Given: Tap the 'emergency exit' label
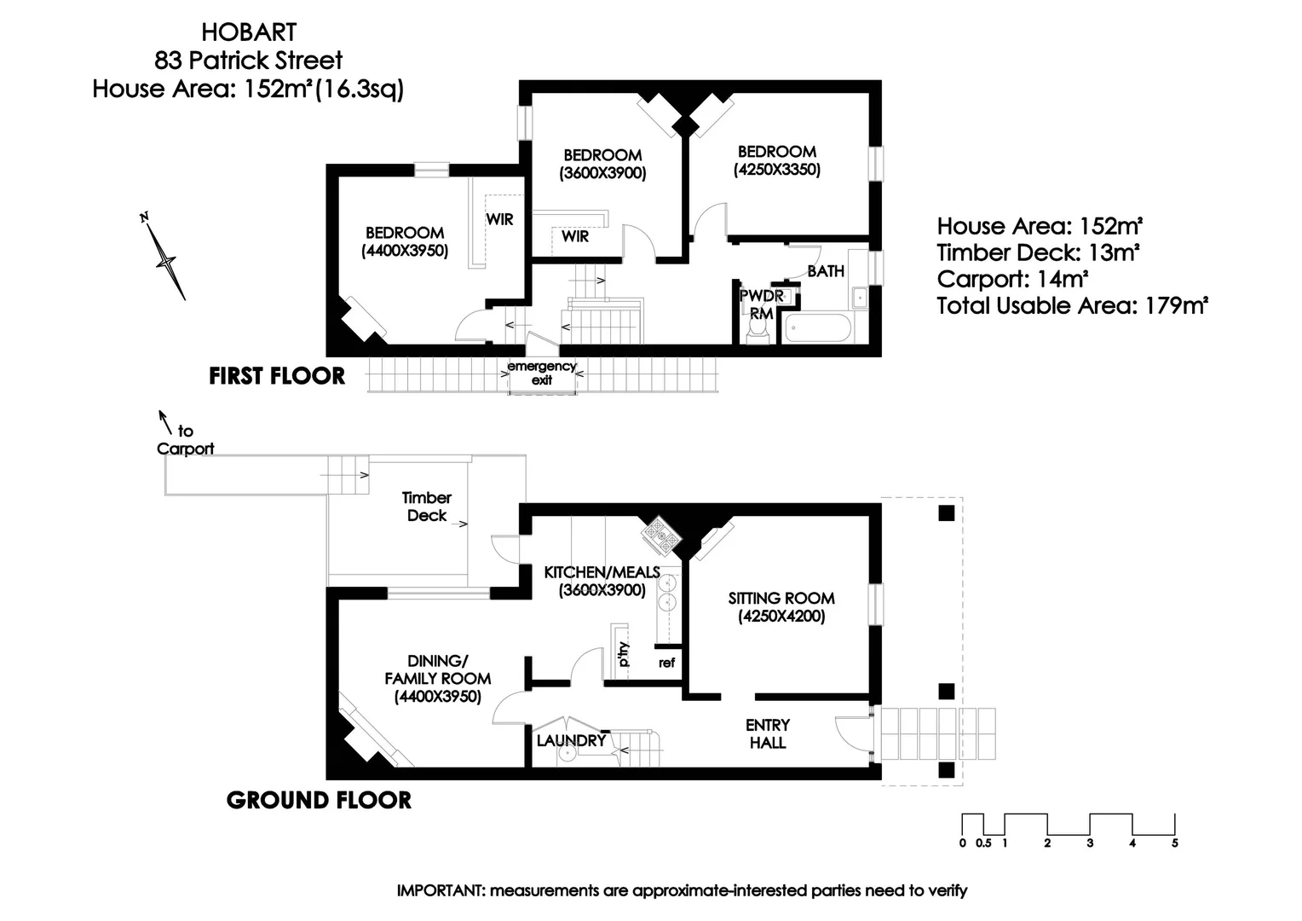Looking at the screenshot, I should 542,373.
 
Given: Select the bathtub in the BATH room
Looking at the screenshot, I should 817,327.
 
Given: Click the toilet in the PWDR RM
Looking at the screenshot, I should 757,332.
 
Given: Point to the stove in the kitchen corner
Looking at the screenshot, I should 662,535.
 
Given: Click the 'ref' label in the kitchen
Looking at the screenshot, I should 666,662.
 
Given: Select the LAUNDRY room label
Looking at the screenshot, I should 570,740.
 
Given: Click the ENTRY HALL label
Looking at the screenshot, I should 768,733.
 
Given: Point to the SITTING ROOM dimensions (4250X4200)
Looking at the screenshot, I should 781,617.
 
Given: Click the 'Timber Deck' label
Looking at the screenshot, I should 427,507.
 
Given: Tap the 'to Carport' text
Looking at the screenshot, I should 185,440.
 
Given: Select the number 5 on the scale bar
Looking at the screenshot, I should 1174,843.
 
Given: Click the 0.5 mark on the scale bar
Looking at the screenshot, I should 983,843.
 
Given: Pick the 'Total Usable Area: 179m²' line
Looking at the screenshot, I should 1072,305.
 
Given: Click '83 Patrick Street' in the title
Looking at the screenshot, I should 248,61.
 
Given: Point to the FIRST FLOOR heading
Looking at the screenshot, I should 277,376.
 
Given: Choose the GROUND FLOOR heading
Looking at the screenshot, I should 319,800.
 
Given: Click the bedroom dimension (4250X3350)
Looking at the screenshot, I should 776,170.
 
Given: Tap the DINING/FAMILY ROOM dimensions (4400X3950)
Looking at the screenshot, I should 437,697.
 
